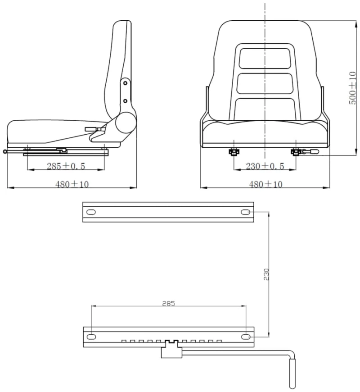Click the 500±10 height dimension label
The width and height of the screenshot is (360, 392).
coord(352,88)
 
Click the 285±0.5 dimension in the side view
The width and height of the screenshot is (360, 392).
coord(66,166)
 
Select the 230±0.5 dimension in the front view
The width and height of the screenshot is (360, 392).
coord(265,166)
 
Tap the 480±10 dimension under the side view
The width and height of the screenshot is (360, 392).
coord(72,184)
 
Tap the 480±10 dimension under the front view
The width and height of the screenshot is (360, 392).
coord(265,184)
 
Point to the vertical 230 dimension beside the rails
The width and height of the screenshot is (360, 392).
coord(266,274)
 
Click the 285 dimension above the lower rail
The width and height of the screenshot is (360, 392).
coord(169,303)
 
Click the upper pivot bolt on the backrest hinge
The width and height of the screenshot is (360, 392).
coord(126,83)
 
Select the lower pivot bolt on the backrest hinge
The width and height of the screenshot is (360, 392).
coord(126,101)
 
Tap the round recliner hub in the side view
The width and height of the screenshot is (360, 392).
coord(126,123)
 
